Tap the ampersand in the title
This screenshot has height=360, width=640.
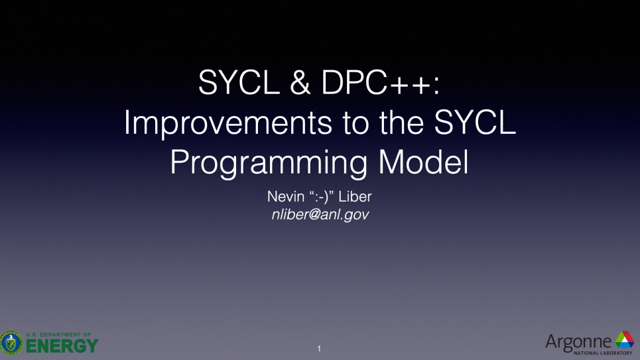[300, 82]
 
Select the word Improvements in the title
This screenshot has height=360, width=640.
[228, 123]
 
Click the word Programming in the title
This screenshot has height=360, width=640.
[269, 163]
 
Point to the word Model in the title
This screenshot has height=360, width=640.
[423, 162]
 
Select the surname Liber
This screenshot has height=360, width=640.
[355, 197]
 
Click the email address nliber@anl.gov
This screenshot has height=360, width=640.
[320, 215]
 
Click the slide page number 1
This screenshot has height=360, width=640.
[319, 349]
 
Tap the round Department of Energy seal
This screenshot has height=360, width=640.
[11, 343]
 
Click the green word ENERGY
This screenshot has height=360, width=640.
[62, 346]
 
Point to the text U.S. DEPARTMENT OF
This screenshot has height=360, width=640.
[59, 335]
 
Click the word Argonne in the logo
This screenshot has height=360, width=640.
[578, 342]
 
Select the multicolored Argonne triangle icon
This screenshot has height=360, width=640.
[625, 339]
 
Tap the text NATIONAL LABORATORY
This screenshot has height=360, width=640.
[603, 353]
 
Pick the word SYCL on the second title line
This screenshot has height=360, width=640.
[475, 122]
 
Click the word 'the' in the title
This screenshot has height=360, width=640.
[401, 122]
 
